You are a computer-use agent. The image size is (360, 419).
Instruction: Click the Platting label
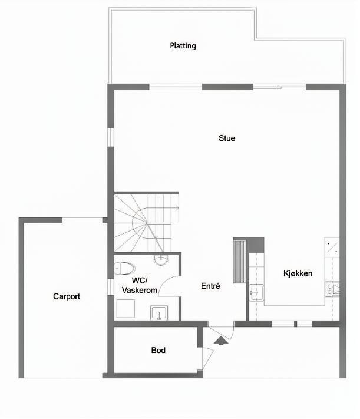point(183,45)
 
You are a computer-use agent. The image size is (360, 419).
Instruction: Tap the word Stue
point(227,138)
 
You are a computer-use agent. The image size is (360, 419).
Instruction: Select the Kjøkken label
point(298,273)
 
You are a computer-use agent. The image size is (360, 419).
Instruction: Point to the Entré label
point(210,286)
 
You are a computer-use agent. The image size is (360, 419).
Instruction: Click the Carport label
point(66,296)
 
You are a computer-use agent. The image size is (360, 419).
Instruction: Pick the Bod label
point(158,350)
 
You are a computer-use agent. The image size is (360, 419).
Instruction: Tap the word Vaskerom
point(140,290)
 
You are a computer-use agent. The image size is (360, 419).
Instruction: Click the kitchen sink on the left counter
point(255,291)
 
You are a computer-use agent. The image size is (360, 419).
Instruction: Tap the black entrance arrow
point(220,340)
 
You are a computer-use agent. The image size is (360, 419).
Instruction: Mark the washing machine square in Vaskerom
point(125,309)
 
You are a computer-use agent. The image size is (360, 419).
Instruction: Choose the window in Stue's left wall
point(110,137)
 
